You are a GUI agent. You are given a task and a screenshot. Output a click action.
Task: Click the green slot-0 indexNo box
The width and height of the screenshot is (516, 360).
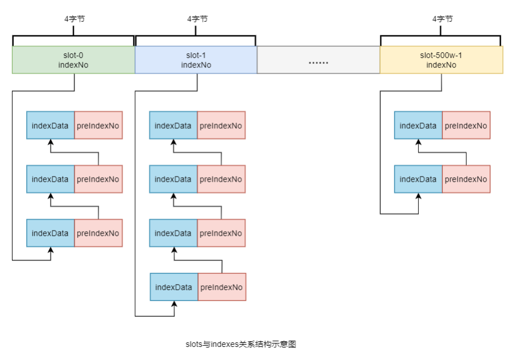[73, 60]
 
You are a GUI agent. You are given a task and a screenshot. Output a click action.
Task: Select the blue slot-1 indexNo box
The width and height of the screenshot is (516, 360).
[196, 60]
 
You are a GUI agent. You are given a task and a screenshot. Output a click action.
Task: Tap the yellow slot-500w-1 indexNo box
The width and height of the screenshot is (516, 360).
[441, 60]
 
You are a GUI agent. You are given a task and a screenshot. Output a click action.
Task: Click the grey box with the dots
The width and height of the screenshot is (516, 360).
[318, 60]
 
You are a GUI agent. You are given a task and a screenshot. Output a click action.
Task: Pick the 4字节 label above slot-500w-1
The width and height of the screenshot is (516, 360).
[443, 19]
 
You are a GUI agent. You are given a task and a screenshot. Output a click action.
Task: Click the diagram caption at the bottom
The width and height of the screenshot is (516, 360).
[242, 344]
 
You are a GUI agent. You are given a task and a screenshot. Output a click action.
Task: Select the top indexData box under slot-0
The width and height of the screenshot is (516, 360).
[50, 125]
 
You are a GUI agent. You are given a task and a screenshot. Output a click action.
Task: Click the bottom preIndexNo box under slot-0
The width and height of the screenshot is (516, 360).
[98, 233]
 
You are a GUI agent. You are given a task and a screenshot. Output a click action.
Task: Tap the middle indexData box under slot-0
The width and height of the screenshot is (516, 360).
[50, 179]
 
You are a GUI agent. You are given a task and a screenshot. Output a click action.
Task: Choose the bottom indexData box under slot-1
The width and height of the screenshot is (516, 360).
[174, 287]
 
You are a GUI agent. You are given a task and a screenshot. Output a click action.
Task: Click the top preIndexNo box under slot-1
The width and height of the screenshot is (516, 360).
[221, 125]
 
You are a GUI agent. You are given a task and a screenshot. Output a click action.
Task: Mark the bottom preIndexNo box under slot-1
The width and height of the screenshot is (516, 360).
[222, 287]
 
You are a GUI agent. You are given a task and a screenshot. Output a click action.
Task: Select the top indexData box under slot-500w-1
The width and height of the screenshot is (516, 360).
[418, 125]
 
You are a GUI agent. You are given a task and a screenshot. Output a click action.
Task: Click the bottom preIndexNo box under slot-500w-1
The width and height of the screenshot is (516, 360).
[466, 179]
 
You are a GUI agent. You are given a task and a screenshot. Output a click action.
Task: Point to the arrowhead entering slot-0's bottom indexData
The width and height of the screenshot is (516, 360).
[51, 250]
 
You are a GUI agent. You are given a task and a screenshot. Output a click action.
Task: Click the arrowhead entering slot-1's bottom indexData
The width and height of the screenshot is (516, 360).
[174, 305]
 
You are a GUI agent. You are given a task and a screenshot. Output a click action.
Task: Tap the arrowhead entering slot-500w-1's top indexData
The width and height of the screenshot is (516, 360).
[419, 143]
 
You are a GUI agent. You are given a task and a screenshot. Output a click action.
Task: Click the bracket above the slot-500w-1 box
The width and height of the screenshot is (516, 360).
[440, 38]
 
